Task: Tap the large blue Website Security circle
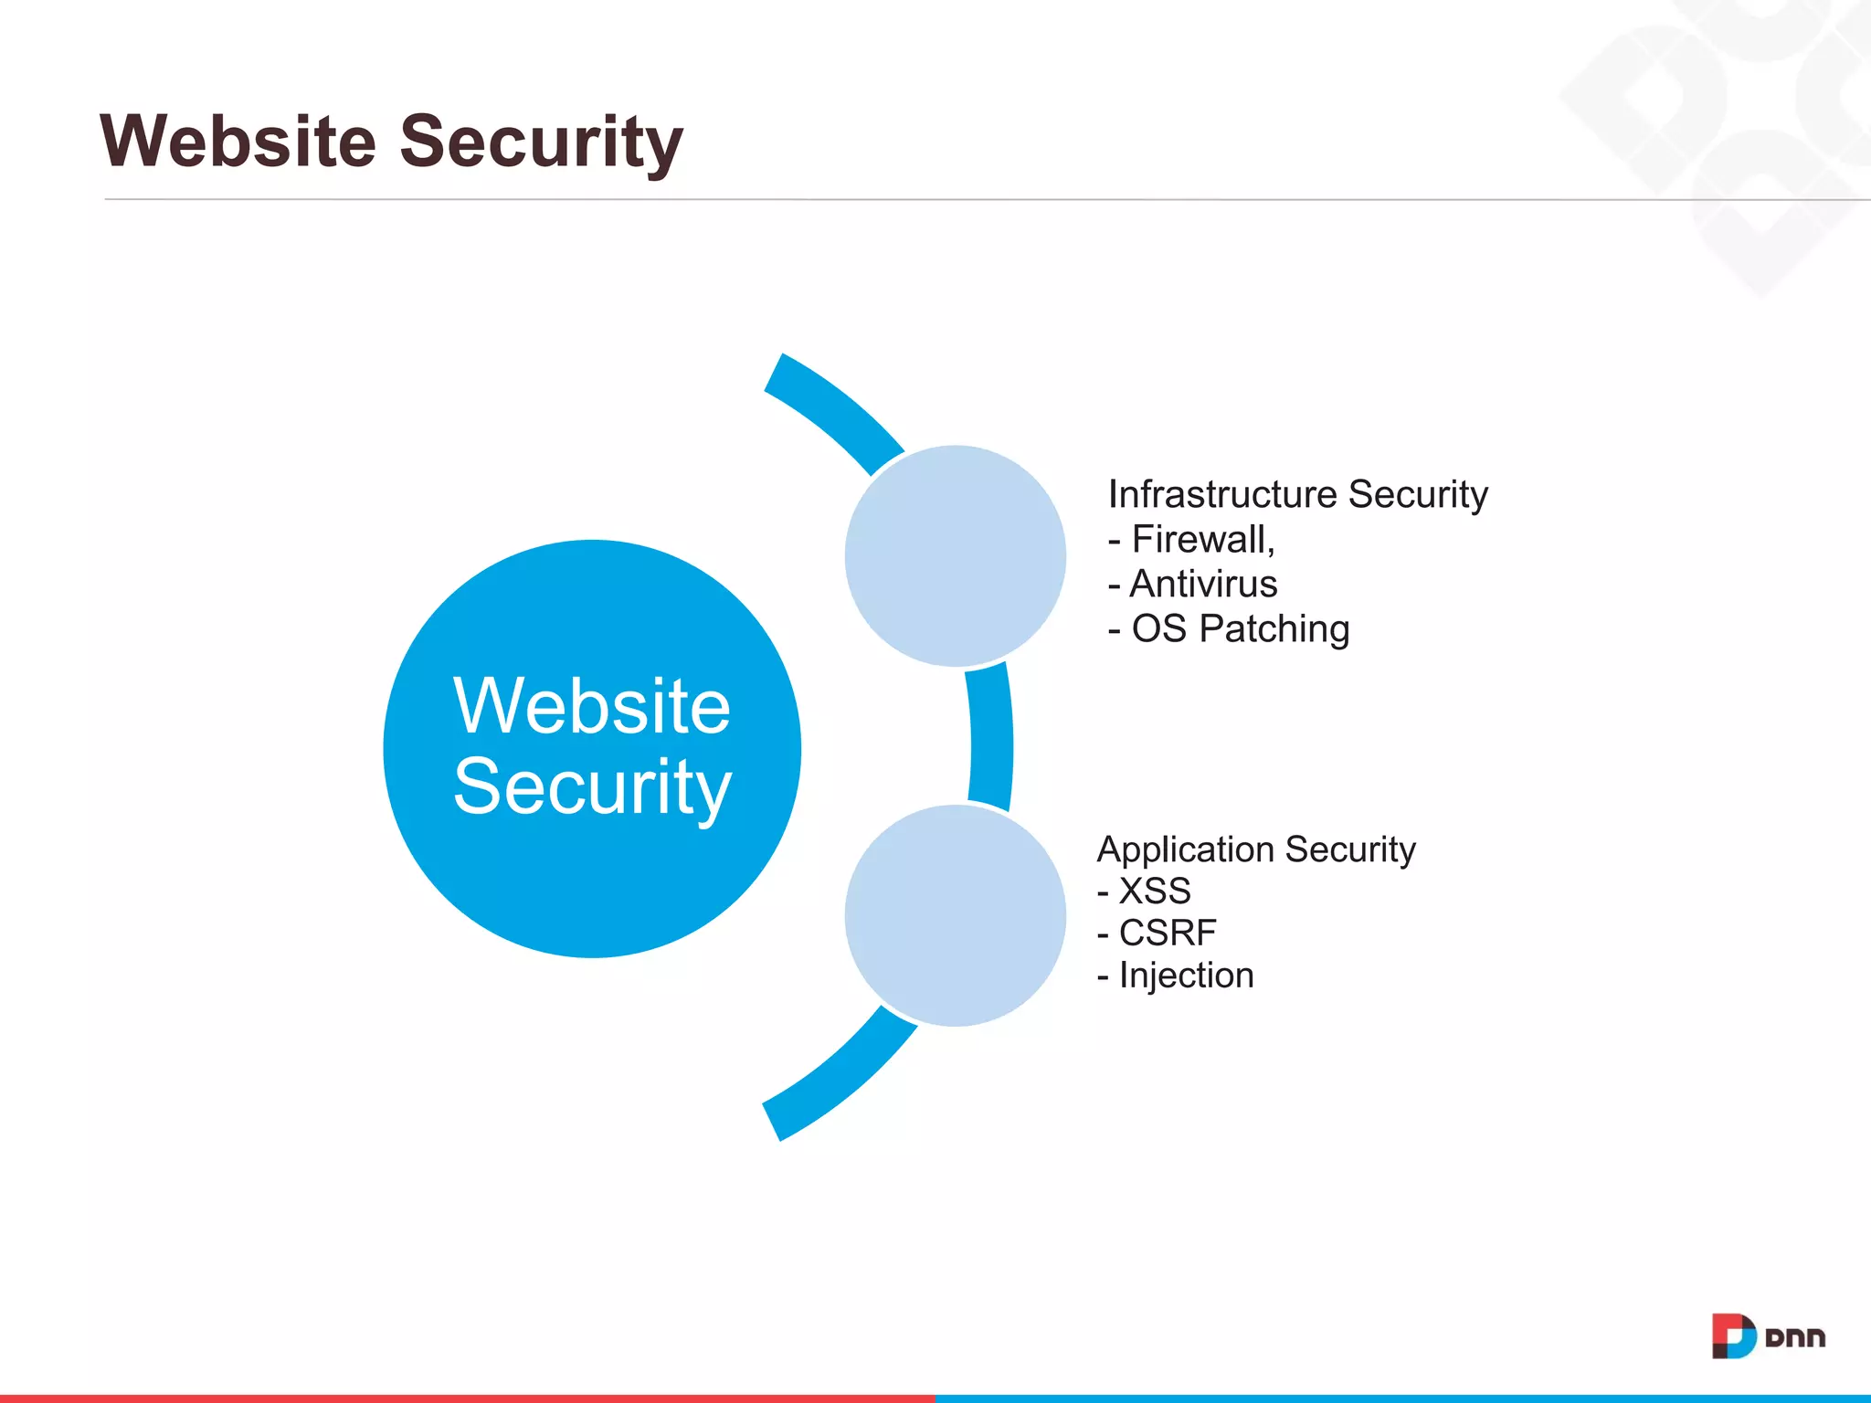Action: coord(592,748)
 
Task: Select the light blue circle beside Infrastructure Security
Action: coord(955,555)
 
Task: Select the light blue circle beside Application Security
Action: coord(955,915)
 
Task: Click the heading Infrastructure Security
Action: coord(1297,494)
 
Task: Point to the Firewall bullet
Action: coord(1191,539)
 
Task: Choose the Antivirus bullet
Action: coord(1192,584)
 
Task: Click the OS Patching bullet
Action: coord(1229,628)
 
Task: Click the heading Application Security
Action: coord(1256,849)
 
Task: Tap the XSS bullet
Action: coord(1144,891)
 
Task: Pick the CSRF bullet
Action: coord(1157,933)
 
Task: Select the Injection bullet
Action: coord(1176,976)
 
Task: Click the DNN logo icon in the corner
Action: coord(1733,1336)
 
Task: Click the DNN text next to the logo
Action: coord(1795,1338)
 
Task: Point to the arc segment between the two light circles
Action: coord(991,740)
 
